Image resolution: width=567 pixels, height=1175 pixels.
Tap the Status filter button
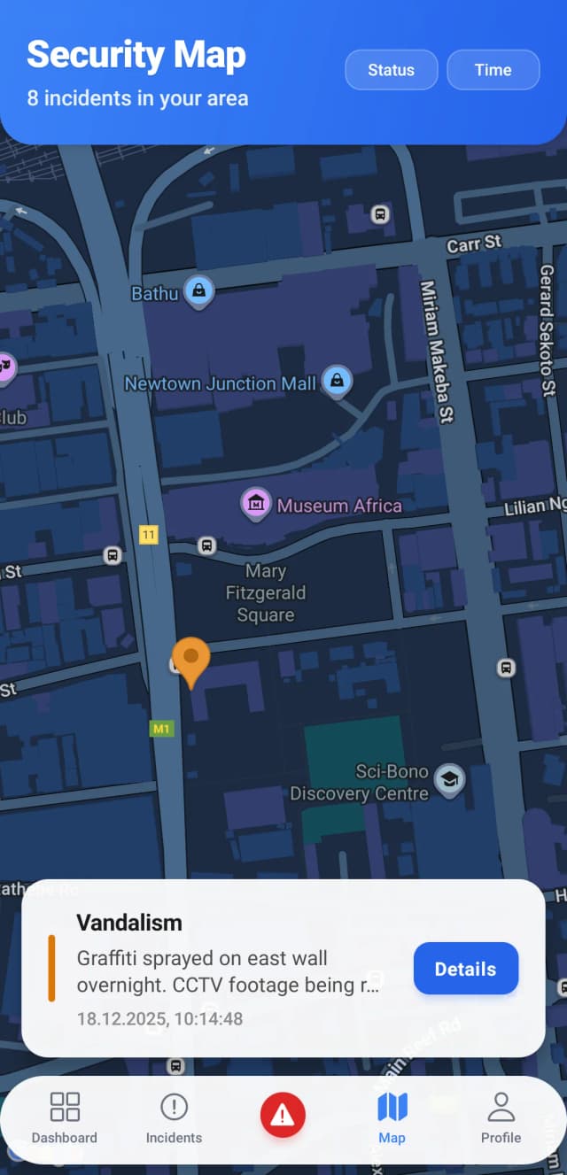[x=391, y=70]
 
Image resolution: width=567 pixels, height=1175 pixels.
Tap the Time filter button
[x=493, y=70]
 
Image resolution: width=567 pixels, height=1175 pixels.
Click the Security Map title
[x=136, y=55]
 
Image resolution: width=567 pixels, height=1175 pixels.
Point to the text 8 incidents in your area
[x=137, y=97]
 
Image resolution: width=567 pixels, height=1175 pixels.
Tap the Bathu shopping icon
[x=199, y=291]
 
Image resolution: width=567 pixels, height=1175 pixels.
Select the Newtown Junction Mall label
[x=220, y=384]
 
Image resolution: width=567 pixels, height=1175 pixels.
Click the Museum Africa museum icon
[x=256, y=504]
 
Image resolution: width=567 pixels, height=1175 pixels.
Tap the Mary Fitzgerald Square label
[x=265, y=592]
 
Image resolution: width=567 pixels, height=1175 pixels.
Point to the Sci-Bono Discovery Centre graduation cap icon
[x=450, y=779]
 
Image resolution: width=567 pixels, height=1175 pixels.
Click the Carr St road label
[x=474, y=244]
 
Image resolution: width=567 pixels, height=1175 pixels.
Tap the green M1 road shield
[x=161, y=729]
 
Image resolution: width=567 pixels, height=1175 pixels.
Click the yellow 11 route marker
[x=148, y=534]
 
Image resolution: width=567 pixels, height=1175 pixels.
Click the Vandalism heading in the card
[x=129, y=922]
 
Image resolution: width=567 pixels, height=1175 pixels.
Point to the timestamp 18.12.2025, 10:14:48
[x=159, y=1018]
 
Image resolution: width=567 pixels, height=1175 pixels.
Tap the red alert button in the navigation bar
[x=283, y=1115]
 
